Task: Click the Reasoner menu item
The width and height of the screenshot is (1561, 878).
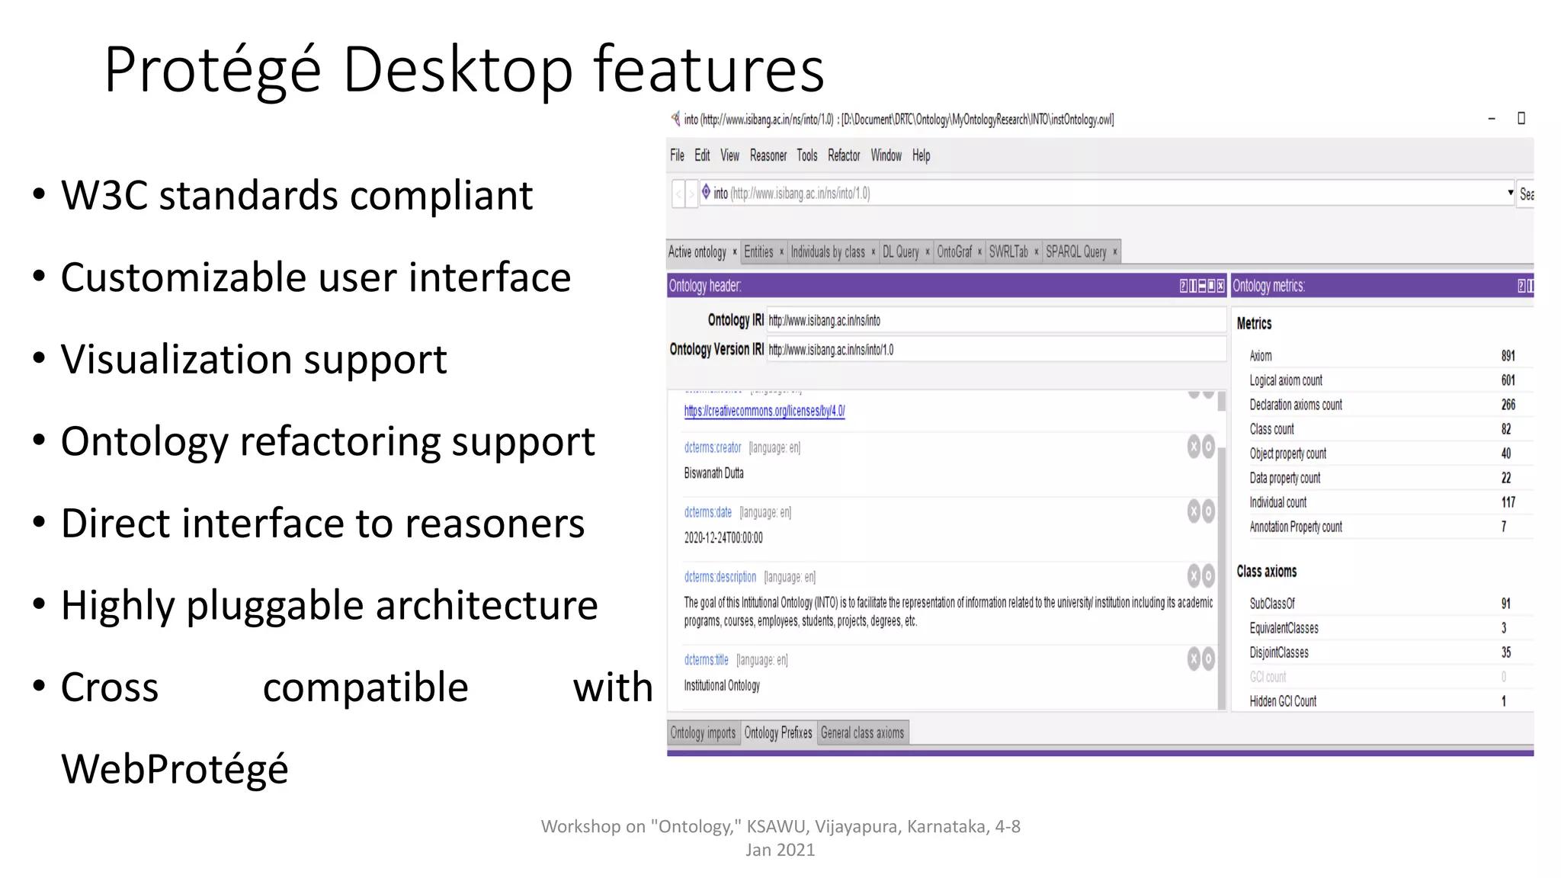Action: pos(768,155)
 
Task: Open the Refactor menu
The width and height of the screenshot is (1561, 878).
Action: pos(844,155)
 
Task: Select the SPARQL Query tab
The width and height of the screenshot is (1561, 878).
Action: pos(1075,252)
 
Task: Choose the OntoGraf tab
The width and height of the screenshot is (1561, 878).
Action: pos(954,252)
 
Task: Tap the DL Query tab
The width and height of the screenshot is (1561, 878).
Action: pos(900,252)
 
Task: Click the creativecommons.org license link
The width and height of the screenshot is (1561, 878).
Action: pos(764,411)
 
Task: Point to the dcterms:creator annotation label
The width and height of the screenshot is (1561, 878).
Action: pos(713,447)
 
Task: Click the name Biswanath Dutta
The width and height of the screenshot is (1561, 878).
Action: pos(713,473)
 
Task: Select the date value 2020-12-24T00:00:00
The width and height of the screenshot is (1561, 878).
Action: pos(723,538)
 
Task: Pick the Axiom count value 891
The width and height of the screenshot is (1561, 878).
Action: pos(1508,356)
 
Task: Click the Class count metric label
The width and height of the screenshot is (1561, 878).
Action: pos(1271,429)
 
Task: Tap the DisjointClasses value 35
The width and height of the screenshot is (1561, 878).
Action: pos(1506,652)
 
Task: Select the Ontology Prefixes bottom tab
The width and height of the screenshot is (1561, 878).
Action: pos(778,732)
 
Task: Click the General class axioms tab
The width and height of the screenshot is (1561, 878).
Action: pos(862,732)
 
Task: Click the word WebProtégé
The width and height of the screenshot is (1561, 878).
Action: pos(175,768)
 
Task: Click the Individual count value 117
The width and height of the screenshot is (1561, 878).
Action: pos(1508,502)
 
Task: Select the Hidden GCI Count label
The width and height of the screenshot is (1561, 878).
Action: pos(1283,701)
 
